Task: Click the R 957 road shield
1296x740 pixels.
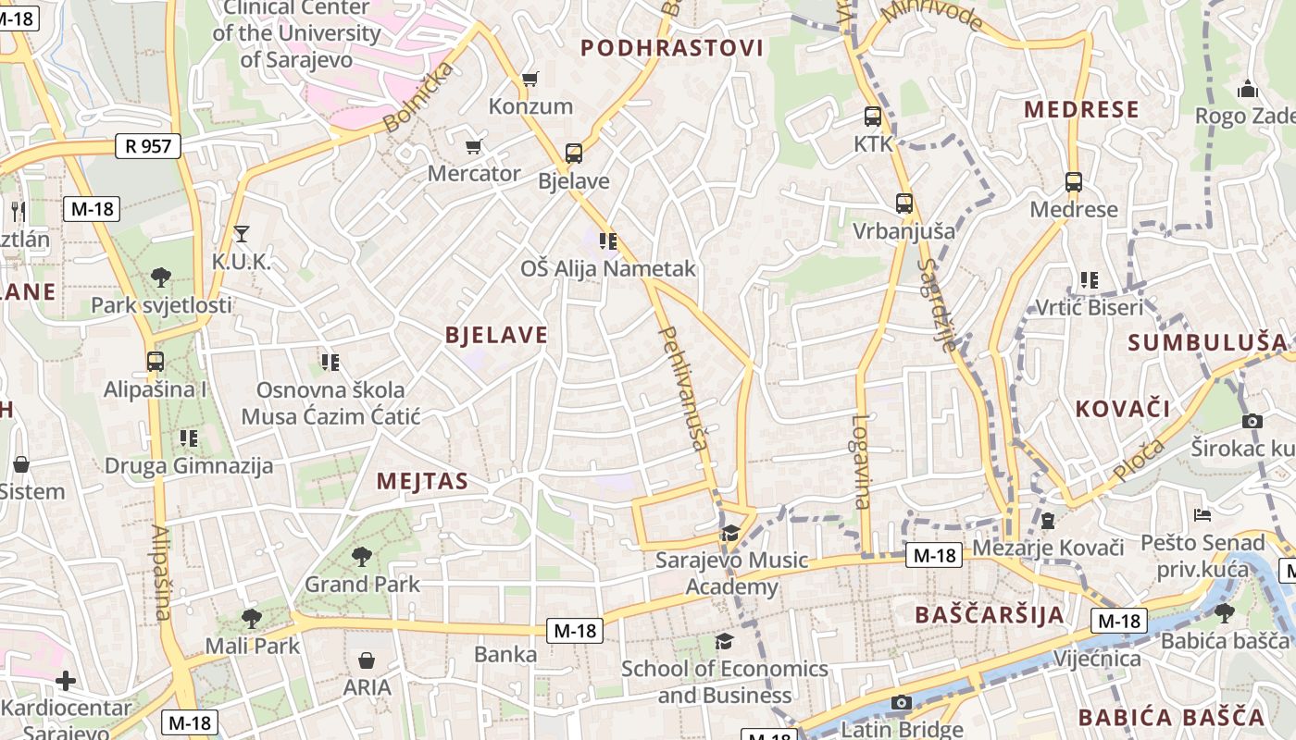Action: point(148,145)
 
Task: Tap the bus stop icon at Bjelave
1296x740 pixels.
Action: point(574,154)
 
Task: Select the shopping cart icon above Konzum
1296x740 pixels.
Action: point(530,80)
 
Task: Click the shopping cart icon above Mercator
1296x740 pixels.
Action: point(474,146)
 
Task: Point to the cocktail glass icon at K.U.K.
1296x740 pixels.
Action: point(242,234)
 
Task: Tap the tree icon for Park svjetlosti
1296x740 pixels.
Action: point(161,277)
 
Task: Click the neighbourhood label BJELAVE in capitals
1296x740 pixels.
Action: point(496,335)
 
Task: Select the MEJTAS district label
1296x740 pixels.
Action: point(422,481)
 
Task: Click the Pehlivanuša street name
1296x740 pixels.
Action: point(683,388)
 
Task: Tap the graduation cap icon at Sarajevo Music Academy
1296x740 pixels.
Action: point(730,534)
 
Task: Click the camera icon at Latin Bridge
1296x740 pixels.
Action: point(902,703)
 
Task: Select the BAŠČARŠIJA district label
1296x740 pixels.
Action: point(989,615)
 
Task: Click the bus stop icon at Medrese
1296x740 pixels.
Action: point(1074,182)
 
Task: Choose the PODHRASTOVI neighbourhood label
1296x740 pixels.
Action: point(672,48)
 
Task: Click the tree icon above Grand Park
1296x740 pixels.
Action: point(362,557)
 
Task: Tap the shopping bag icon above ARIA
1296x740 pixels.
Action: point(368,660)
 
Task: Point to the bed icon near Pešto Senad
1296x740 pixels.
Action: point(1203,514)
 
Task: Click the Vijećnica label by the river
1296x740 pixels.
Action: point(1097,659)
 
